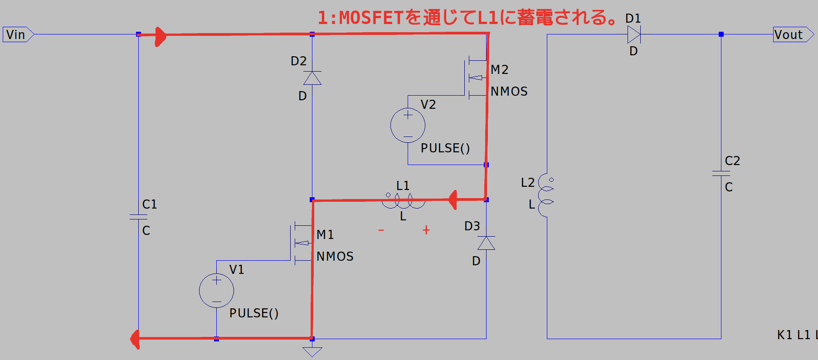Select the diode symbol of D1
[633, 34]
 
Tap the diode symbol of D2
[312, 78]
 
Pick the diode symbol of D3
[486, 243]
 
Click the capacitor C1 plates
[138, 217]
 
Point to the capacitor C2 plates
[721, 173]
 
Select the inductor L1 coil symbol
[403, 201]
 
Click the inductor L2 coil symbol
[546, 195]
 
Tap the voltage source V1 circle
[216, 291]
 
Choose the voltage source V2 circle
[408, 126]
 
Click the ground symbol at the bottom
[312, 351]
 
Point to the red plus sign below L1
[426, 230]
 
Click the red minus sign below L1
[381, 230]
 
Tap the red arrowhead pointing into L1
[453, 199]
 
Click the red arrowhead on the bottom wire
[135, 339]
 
